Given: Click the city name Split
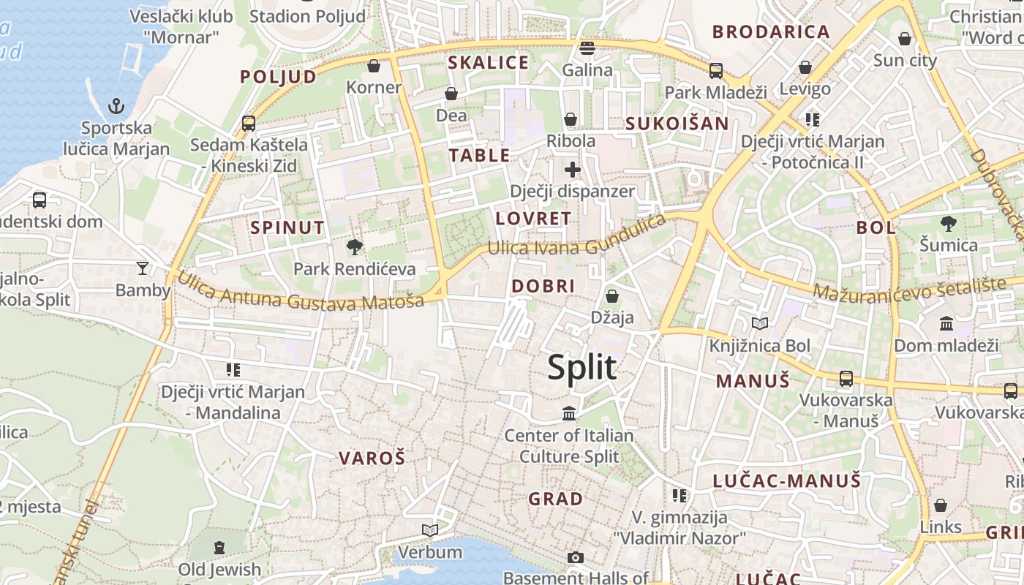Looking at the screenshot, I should [x=581, y=367].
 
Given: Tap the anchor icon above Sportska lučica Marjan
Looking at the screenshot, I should [x=116, y=107].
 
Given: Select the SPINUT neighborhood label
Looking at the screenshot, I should [x=287, y=227].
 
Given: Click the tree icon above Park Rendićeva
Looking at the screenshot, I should [x=355, y=247].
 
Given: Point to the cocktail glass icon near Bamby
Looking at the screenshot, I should [x=143, y=268].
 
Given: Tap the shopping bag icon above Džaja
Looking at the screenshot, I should [x=611, y=296].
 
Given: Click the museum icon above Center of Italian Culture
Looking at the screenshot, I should [x=569, y=414].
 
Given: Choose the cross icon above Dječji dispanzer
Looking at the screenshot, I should [x=572, y=170].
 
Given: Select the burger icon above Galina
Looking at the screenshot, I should [x=587, y=48].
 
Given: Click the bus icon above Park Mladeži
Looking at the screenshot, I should [x=715, y=71].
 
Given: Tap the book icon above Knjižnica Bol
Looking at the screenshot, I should [x=760, y=323].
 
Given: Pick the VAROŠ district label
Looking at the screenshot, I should [x=372, y=458].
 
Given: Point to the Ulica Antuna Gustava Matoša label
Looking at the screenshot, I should [x=301, y=292].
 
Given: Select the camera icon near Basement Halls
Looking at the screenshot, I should [x=576, y=558].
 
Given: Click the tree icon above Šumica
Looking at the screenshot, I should [x=948, y=223].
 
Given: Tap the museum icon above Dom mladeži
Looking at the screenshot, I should [x=946, y=323].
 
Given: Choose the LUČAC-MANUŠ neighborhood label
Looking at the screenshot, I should [x=787, y=480].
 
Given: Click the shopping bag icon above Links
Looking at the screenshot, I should [x=941, y=505].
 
